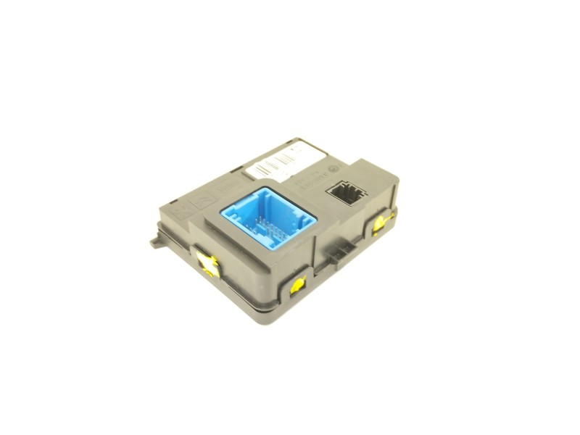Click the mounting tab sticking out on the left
155,239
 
